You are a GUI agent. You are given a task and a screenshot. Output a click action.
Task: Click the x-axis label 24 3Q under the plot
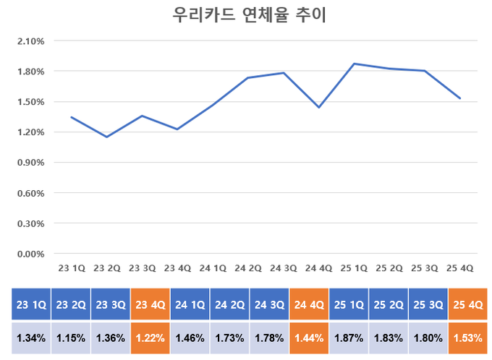point(283,267)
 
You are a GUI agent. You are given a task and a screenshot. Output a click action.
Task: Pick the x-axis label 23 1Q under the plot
point(72,267)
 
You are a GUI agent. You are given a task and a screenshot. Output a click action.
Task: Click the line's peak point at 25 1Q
point(355,64)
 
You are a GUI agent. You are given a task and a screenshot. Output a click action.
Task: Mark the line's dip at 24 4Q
point(319,108)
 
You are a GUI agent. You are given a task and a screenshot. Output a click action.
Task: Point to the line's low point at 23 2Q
point(107,137)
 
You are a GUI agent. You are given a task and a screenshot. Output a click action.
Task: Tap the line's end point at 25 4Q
point(460,98)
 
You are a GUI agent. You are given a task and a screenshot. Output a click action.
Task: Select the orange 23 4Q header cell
point(150,304)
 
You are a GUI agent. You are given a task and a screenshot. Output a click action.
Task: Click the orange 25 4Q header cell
point(467,304)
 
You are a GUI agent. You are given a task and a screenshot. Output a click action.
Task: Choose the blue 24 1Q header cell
point(190,304)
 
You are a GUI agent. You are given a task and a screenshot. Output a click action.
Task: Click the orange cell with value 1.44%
point(309,338)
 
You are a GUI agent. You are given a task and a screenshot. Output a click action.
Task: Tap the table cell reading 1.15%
point(70,338)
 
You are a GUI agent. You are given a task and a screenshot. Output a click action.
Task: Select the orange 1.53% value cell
point(467,338)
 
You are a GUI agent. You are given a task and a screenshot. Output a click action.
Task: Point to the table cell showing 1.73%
point(229,338)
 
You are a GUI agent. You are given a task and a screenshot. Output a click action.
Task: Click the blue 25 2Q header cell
point(388,304)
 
